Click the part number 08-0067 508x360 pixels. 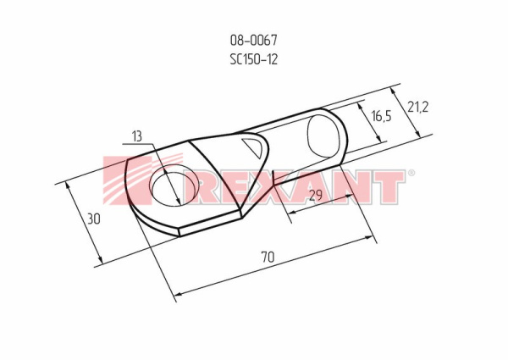pos(253,40)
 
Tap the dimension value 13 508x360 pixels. pos(138,136)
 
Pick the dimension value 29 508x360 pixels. pos(315,197)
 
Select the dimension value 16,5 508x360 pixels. pos(381,116)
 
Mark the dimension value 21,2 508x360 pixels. pos(417,107)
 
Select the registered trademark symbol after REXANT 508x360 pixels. pos(411,174)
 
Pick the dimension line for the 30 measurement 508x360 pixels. pos(81,221)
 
